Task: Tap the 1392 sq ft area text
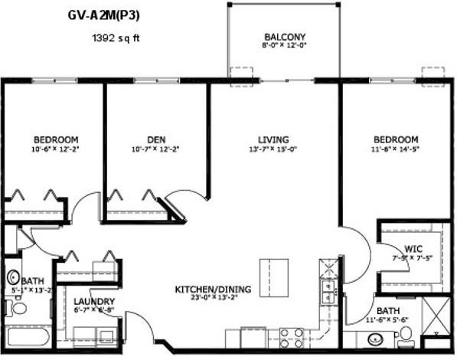point(116,36)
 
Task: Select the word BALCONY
point(284,37)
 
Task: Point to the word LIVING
point(273,139)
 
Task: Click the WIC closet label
point(414,248)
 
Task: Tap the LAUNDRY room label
point(96,301)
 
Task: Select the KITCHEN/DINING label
point(213,289)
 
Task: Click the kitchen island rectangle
point(274,271)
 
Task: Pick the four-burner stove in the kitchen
point(291,338)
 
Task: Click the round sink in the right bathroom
point(376,339)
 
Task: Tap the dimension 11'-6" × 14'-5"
point(396,149)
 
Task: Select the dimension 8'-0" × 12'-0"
point(284,45)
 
